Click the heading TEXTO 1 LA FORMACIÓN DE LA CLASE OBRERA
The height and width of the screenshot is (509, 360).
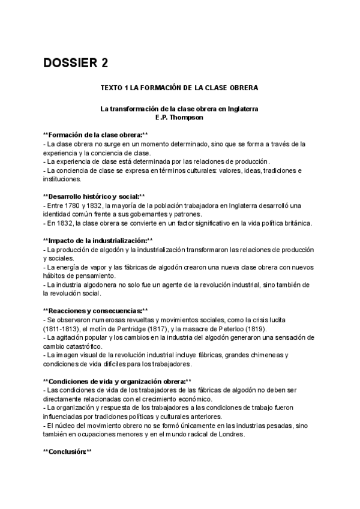pos(179,88)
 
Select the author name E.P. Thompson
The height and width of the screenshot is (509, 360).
pos(179,118)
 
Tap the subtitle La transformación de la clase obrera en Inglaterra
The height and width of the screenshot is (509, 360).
pos(179,109)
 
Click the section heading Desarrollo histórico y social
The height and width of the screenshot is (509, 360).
pos(94,196)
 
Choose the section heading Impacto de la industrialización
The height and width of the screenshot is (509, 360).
pos(98,240)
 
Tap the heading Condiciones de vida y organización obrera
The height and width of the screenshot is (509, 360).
pos(118,381)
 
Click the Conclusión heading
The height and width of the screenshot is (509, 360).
pos(68,451)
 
